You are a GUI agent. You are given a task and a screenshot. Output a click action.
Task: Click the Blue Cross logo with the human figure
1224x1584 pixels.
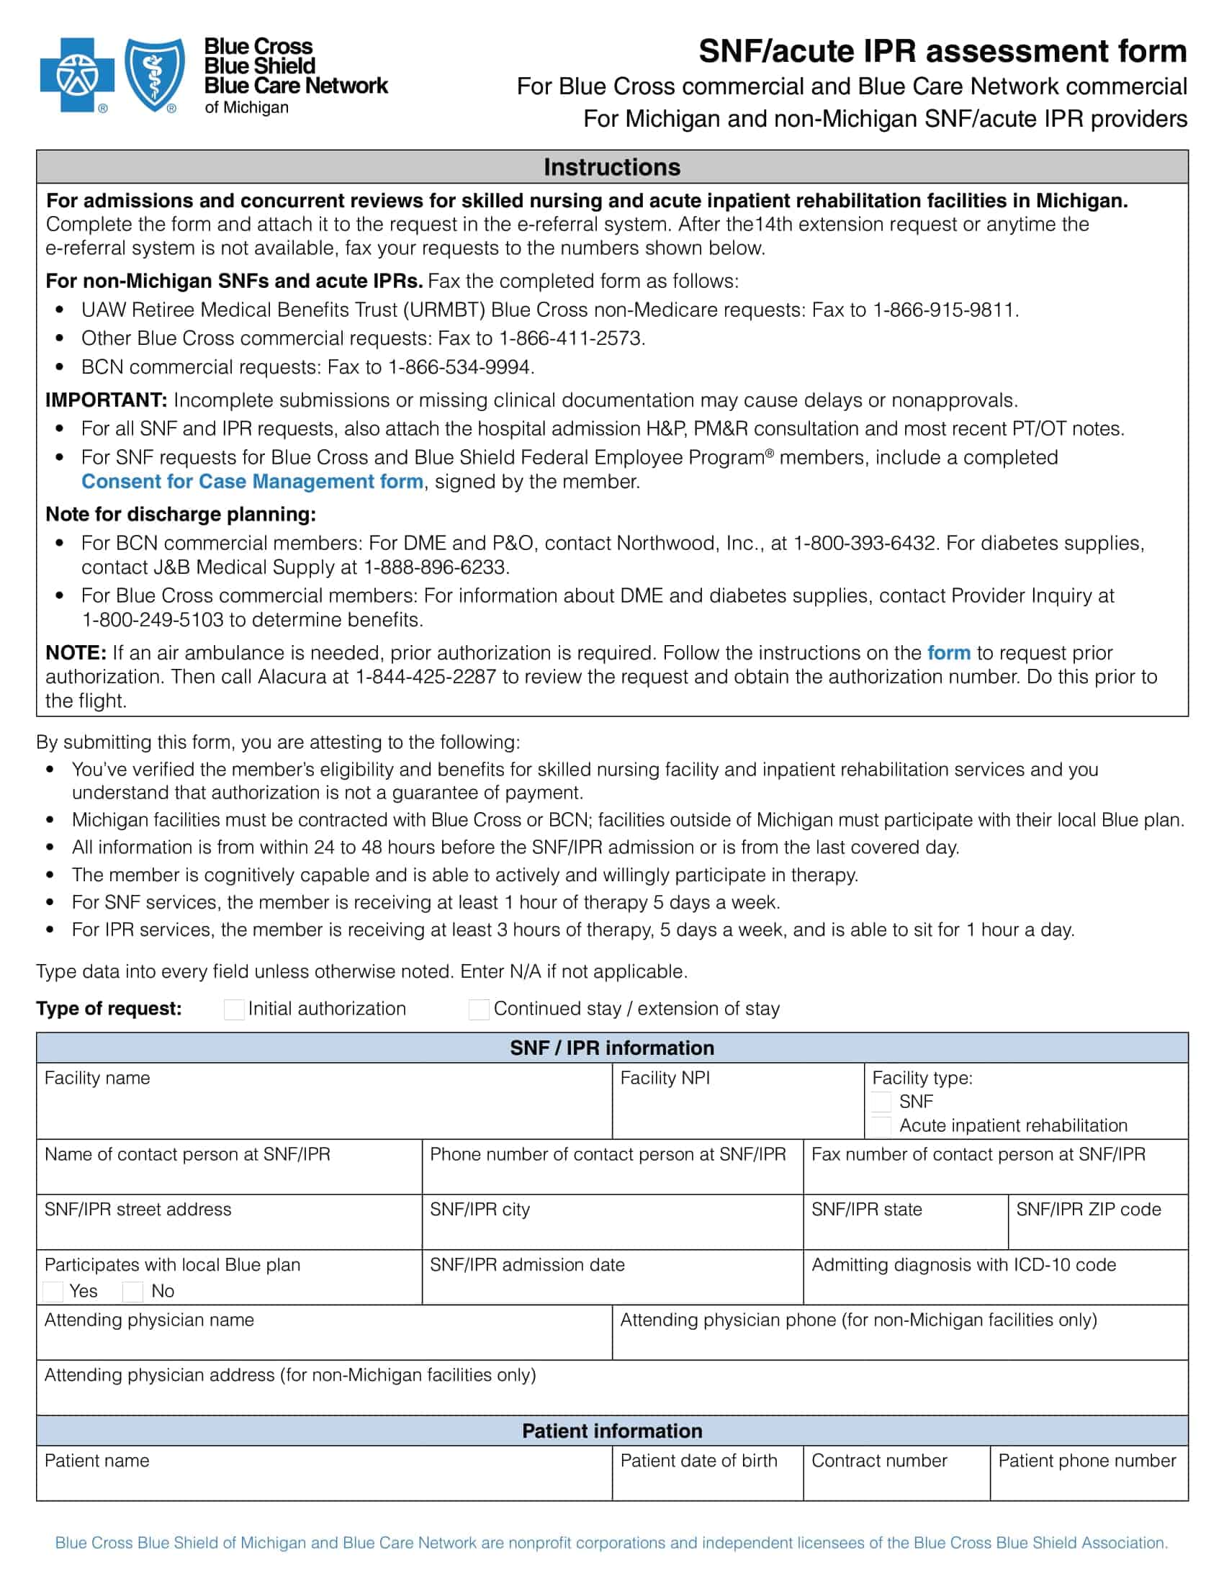[77, 76]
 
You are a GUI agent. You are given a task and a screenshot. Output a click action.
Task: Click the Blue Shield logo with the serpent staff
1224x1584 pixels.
[155, 76]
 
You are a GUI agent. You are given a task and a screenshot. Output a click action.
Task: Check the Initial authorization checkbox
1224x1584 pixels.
[234, 1009]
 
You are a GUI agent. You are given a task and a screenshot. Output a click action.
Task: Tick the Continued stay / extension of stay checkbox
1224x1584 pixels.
[479, 1009]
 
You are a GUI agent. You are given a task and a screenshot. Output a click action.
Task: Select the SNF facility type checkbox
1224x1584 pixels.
[881, 1102]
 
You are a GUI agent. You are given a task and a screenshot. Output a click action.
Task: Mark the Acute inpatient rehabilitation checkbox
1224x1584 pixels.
[881, 1125]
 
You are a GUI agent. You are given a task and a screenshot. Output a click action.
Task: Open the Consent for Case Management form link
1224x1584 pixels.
[252, 482]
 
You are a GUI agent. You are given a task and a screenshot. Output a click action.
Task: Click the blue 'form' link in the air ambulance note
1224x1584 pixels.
[948, 653]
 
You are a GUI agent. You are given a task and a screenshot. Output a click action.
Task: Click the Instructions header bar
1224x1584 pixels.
[612, 167]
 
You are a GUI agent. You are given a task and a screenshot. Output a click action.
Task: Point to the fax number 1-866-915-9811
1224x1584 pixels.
[944, 310]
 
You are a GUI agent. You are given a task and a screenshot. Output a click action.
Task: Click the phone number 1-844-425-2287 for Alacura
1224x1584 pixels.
[426, 677]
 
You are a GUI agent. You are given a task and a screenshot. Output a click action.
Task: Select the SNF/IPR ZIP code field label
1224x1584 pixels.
[1088, 1209]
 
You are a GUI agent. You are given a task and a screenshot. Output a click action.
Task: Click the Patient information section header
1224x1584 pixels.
[612, 1430]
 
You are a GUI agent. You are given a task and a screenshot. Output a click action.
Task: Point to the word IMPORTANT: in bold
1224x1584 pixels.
[107, 400]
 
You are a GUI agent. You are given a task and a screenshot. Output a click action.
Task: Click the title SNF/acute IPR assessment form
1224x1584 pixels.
[942, 52]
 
